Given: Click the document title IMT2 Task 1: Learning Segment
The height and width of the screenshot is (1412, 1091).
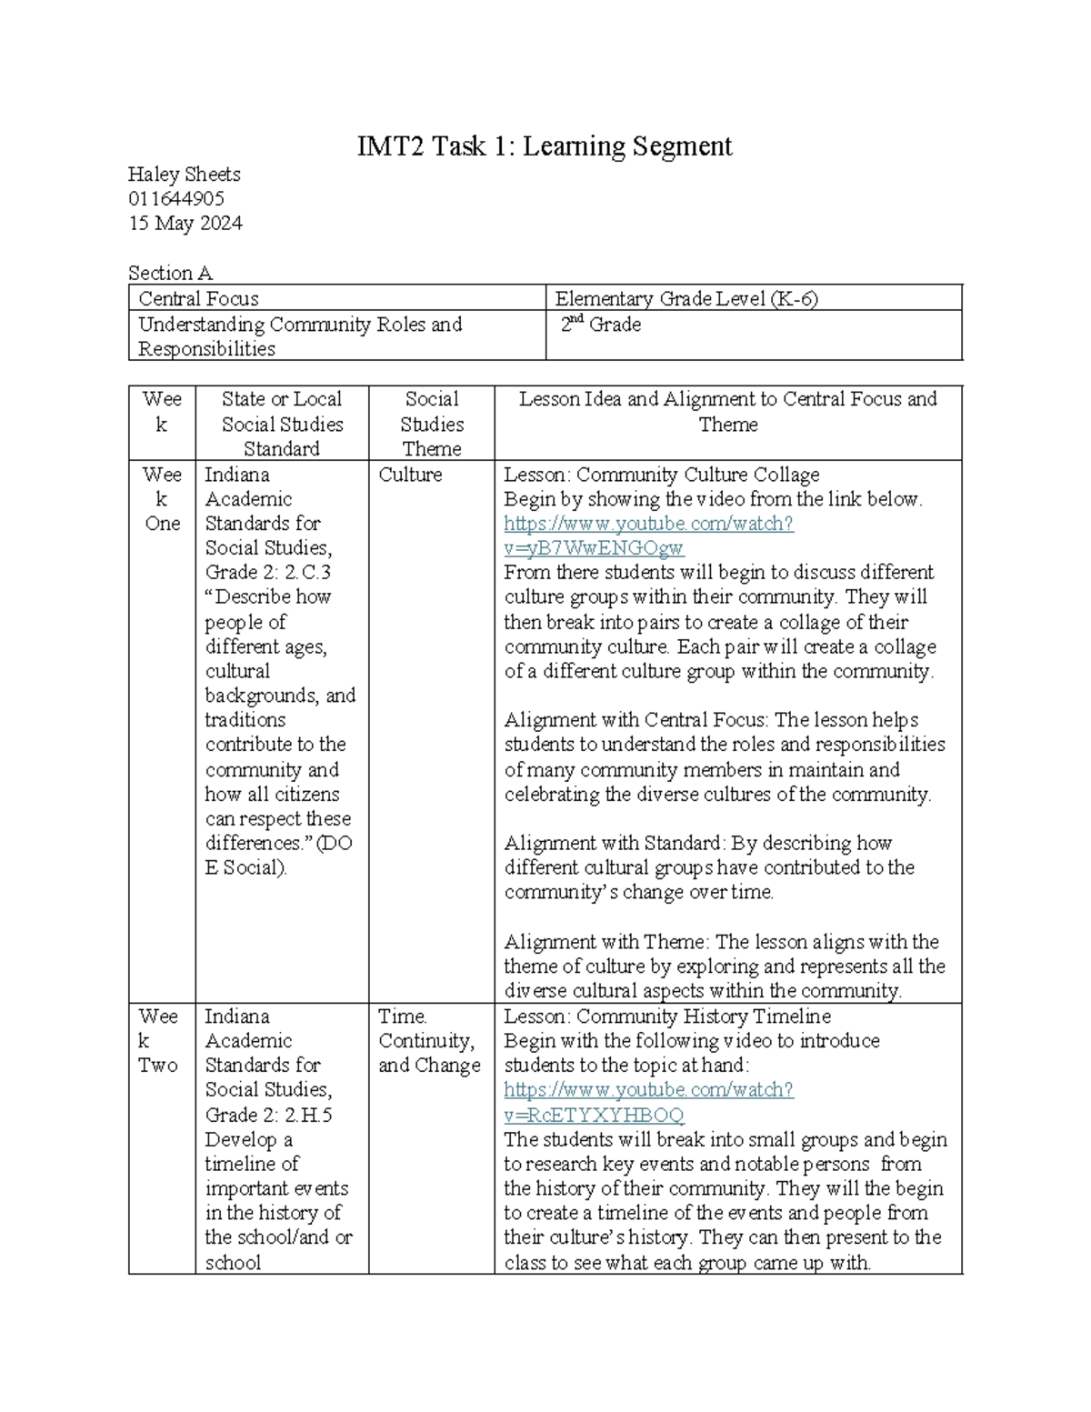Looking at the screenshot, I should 544,146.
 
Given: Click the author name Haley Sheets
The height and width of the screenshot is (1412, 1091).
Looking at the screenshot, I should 185,175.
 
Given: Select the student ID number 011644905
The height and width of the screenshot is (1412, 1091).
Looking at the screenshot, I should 176,199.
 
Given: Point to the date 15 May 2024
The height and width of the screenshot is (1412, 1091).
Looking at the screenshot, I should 185,224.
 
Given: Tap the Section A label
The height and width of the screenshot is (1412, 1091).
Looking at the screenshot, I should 170,273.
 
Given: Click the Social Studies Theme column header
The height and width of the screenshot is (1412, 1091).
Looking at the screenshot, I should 432,424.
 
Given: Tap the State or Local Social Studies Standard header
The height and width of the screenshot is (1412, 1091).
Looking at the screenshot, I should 282,424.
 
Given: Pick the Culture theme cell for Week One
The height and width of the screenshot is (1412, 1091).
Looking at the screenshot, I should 410,475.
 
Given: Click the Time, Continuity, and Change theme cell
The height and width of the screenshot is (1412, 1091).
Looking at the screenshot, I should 429,1041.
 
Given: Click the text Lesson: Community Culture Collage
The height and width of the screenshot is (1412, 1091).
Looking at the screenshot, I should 662,475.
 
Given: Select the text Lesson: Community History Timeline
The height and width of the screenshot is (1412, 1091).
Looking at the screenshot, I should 667,1016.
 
